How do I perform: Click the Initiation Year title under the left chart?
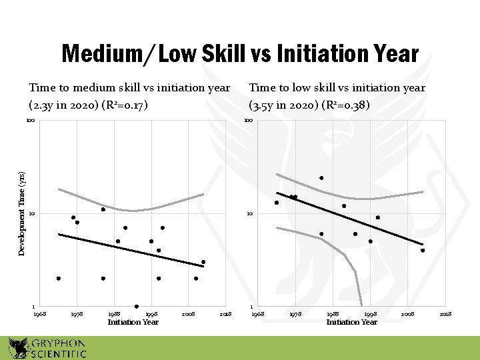click(x=133, y=323)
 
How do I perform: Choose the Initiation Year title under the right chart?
click(x=351, y=323)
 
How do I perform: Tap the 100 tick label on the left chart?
click(x=30, y=121)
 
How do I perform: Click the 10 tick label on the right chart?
click(x=249, y=214)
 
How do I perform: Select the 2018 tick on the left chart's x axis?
click(x=225, y=313)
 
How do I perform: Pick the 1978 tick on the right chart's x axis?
click(x=295, y=313)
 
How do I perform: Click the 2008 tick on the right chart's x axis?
click(x=407, y=313)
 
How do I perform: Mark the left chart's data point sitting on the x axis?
click(x=137, y=307)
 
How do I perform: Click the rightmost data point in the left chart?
click(x=203, y=262)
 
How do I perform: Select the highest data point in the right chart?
click(x=321, y=178)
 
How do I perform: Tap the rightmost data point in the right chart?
click(x=423, y=251)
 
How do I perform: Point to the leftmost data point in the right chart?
click(x=277, y=203)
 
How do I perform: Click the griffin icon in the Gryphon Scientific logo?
click(x=18, y=347)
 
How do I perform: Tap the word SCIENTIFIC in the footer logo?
click(x=58, y=353)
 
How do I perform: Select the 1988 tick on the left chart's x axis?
click(x=114, y=313)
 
